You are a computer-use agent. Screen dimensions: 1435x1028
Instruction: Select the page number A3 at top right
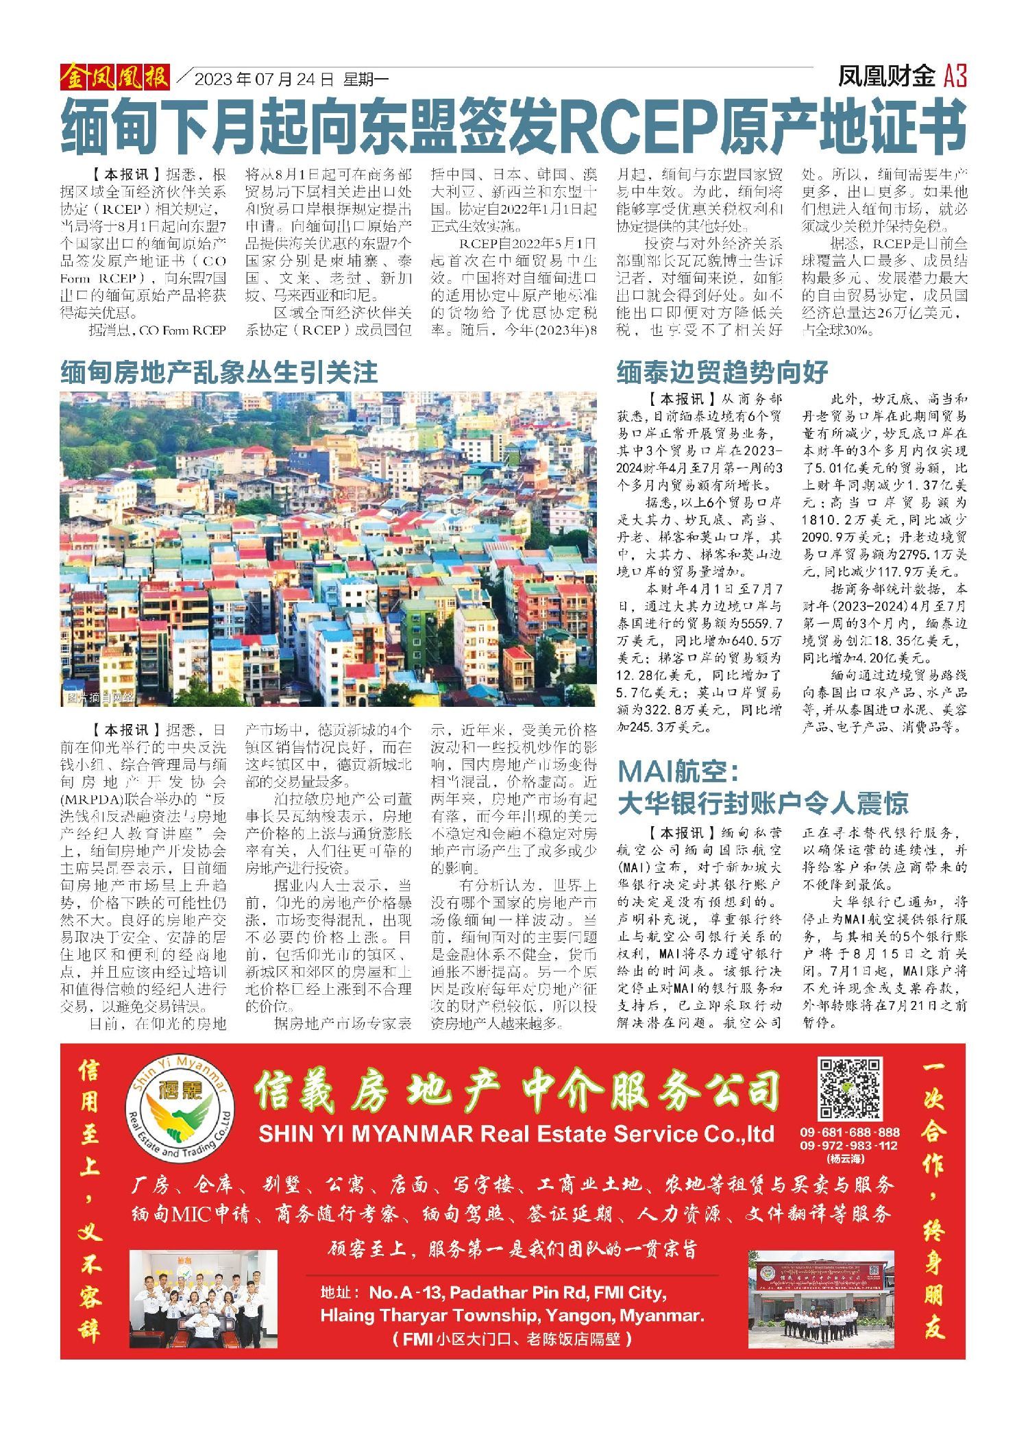(955, 76)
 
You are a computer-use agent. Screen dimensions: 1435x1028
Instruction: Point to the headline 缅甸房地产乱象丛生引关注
(219, 372)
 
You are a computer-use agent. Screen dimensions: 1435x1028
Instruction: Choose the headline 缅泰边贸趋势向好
(722, 372)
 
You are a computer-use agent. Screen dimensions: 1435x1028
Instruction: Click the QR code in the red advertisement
(850, 1089)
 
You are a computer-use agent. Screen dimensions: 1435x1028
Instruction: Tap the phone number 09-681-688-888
(849, 1132)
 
